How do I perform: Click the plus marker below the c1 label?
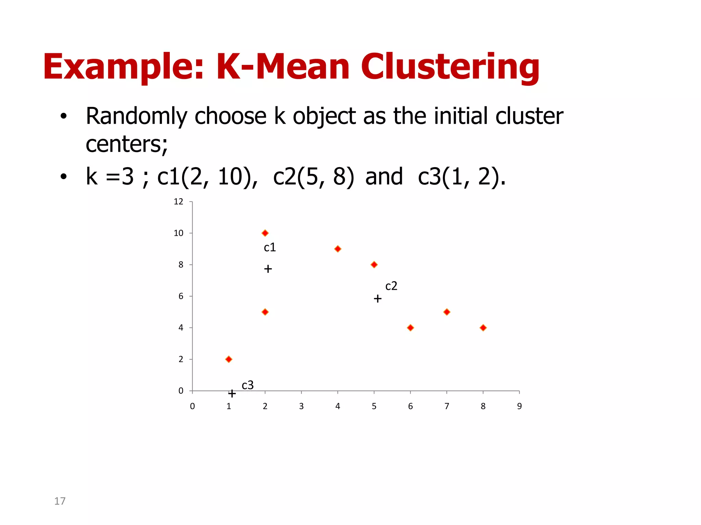pos(268,269)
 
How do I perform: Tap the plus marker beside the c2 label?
pos(378,299)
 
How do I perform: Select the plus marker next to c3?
pos(232,394)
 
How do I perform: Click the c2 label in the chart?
pos(391,286)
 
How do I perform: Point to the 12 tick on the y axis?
pos(178,202)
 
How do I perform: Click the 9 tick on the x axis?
pos(519,406)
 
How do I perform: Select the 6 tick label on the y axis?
pos(181,296)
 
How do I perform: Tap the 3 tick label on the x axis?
pos(301,406)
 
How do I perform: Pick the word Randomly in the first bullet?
pos(136,116)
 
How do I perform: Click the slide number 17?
pos(60,501)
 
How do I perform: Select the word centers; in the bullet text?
pos(127,144)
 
